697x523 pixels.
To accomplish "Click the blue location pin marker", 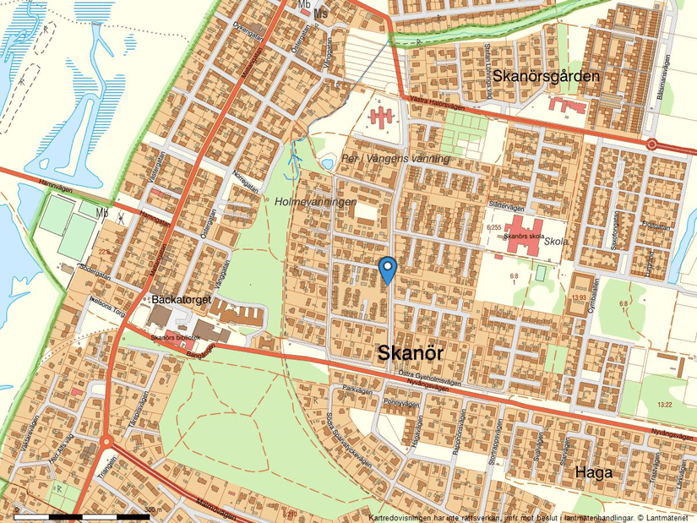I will [x=388, y=269].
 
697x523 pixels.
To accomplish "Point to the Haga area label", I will [x=593, y=472].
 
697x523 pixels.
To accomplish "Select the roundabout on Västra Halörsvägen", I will [x=652, y=144].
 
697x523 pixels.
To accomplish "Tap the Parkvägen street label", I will [x=358, y=389].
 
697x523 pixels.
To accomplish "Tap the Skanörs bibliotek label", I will [x=176, y=337].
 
